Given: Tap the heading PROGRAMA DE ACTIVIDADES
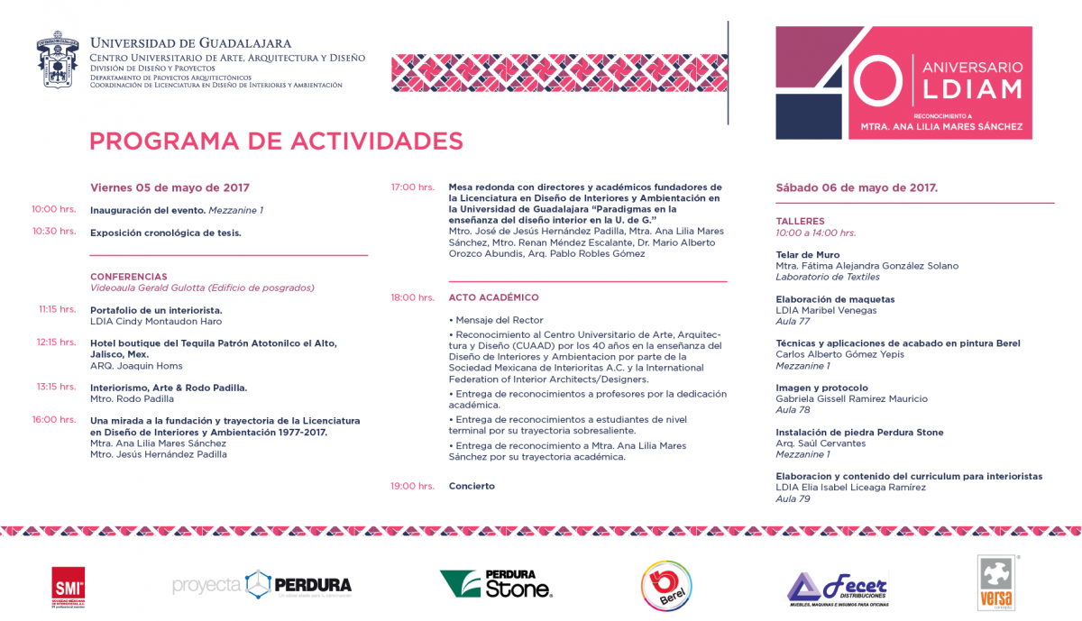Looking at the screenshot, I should coord(276,141).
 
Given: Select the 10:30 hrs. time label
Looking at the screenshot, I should coord(54,232).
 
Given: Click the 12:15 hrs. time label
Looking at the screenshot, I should coord(56,342).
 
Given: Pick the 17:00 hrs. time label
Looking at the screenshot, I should coord(412,187).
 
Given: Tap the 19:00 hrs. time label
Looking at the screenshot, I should coord(412,486).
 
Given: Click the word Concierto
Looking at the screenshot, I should coord(472,486).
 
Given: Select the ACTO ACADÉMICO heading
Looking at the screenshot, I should coord(493,297).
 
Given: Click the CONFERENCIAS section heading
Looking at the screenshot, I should coord(128,277).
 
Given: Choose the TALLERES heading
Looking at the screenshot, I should coord(800,221).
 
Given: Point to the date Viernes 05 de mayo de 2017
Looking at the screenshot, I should coord(170,188).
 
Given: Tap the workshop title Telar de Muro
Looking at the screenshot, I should coord(808,255).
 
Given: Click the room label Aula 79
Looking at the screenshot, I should coord(793,498).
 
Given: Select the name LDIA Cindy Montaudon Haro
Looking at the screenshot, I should coord(156,321).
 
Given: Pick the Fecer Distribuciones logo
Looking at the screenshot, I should coord(838,588).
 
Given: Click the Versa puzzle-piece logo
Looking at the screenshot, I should coord(996,582).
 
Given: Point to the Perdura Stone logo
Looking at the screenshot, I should coord(496,584).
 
